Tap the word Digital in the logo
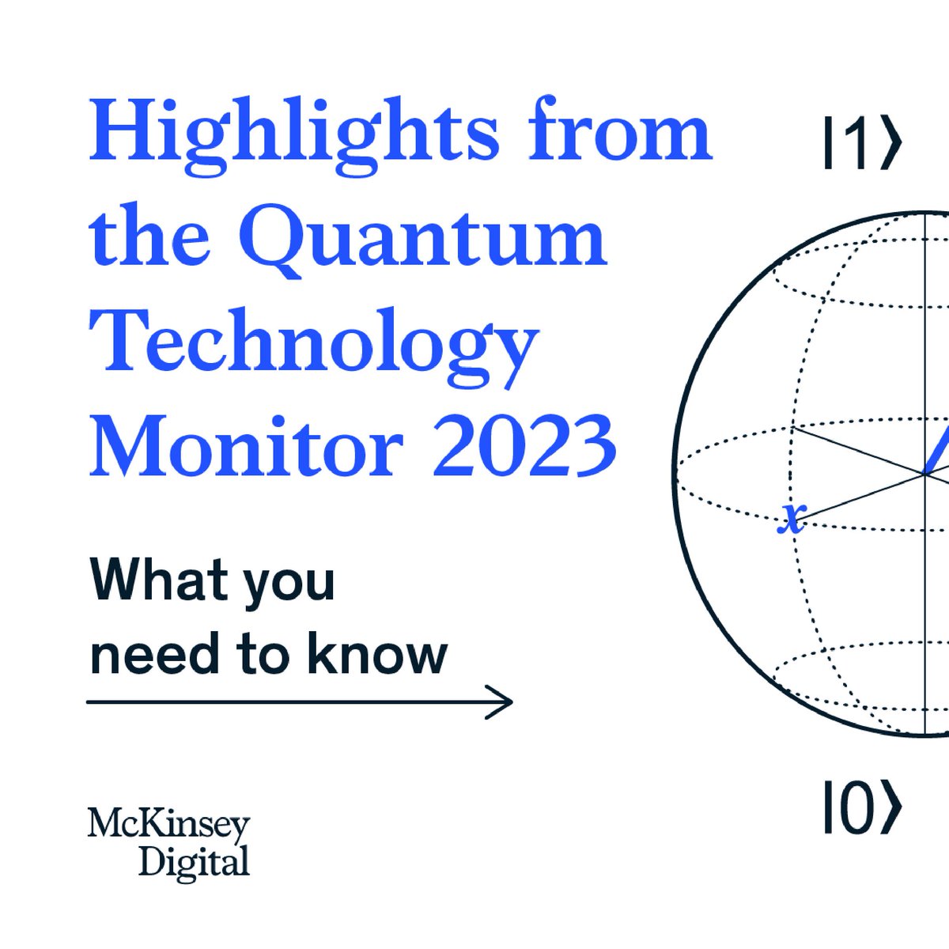click(194, 862)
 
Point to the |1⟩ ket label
click(861, 143)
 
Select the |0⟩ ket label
click(861, 807)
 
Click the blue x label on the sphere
click(792, 520)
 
